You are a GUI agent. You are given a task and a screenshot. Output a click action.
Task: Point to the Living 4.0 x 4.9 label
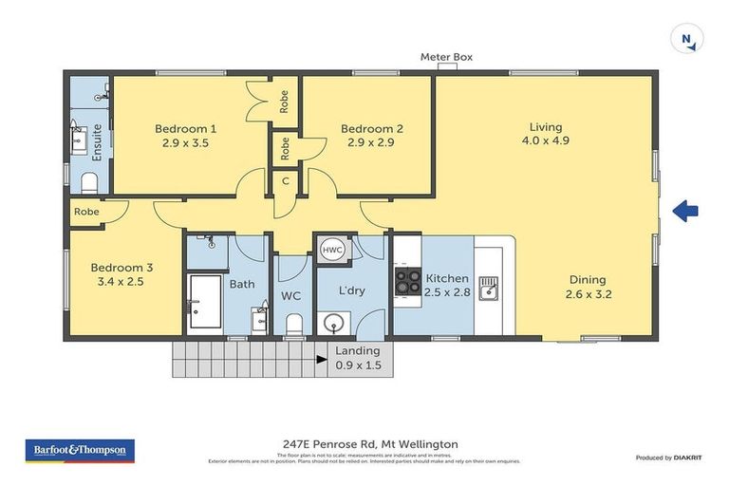(x=546, y=134)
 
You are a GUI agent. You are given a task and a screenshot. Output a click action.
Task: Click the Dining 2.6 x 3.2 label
(x=589, y=287)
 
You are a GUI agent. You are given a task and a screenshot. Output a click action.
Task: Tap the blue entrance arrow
(x=685, y=212)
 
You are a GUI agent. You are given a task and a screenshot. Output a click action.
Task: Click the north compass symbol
(x=686, y=40)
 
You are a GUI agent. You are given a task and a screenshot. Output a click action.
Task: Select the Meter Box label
(x=446, y=57)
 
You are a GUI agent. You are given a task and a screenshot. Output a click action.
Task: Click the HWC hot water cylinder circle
(x=332, y=249)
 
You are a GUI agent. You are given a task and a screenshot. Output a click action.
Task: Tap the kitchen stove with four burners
(x=408, y=281)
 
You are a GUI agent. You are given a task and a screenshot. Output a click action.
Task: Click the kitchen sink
(x=488, y=287)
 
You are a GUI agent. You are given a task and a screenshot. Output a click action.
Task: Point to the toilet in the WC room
(x=293, y=326)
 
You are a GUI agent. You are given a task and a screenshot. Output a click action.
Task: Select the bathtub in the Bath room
(x=204, y=301)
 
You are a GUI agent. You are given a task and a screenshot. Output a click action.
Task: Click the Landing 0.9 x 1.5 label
(x=358, y=358)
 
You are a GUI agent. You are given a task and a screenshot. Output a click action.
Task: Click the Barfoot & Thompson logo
(x=80, y=450)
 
